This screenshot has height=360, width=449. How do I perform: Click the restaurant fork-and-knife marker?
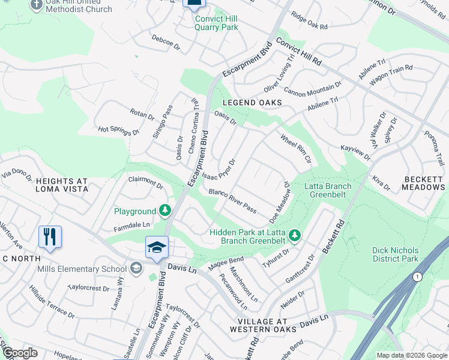(50, 236)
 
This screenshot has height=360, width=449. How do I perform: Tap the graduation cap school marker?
(156, 247)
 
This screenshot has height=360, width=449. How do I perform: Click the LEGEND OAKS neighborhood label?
(253, 103)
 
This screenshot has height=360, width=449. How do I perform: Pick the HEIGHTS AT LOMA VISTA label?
(62, 185)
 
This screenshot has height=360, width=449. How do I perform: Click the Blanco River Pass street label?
(232, 201)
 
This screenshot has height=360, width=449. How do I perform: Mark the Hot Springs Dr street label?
(118, 130)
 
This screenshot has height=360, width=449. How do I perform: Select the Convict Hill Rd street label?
(298, 52)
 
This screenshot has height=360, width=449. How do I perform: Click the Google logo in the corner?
(20, 353)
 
